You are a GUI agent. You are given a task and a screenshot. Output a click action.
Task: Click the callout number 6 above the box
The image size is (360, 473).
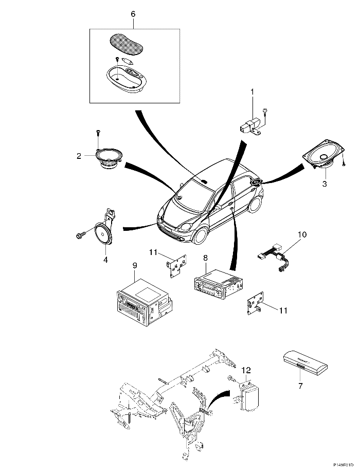133,14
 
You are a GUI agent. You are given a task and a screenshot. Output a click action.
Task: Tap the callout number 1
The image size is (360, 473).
253,91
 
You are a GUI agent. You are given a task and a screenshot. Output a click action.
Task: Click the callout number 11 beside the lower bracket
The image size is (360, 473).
283,310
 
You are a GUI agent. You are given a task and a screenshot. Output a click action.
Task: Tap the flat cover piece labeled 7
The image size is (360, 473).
305,364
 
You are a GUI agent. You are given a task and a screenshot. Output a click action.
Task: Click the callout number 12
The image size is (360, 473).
246,370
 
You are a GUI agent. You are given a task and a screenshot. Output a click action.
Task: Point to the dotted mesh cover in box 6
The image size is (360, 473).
125,45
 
